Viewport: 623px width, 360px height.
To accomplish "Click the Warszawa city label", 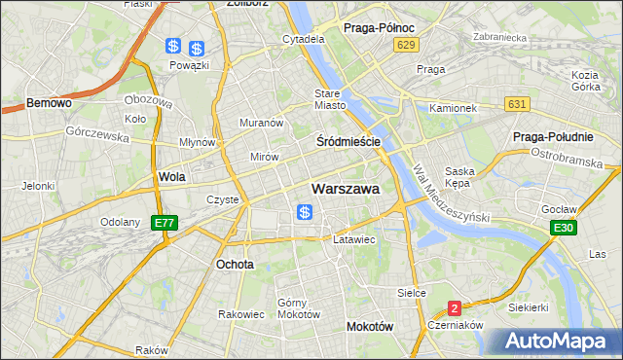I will (x=345, y=189).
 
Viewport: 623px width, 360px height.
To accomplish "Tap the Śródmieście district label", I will (x=348, y=142).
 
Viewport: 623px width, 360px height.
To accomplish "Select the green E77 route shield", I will (x=165, y=223).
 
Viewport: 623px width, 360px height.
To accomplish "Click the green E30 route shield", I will (x=561, y=228).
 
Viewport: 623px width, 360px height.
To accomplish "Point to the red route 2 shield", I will (x=455, y=308).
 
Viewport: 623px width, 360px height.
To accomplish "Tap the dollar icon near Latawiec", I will (x=305, y=212).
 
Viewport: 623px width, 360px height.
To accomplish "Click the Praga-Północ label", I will (x=381, y=28).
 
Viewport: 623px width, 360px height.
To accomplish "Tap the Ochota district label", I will (x=236, y=264).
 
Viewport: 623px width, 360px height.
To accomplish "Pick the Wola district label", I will (x=171, y=178).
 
